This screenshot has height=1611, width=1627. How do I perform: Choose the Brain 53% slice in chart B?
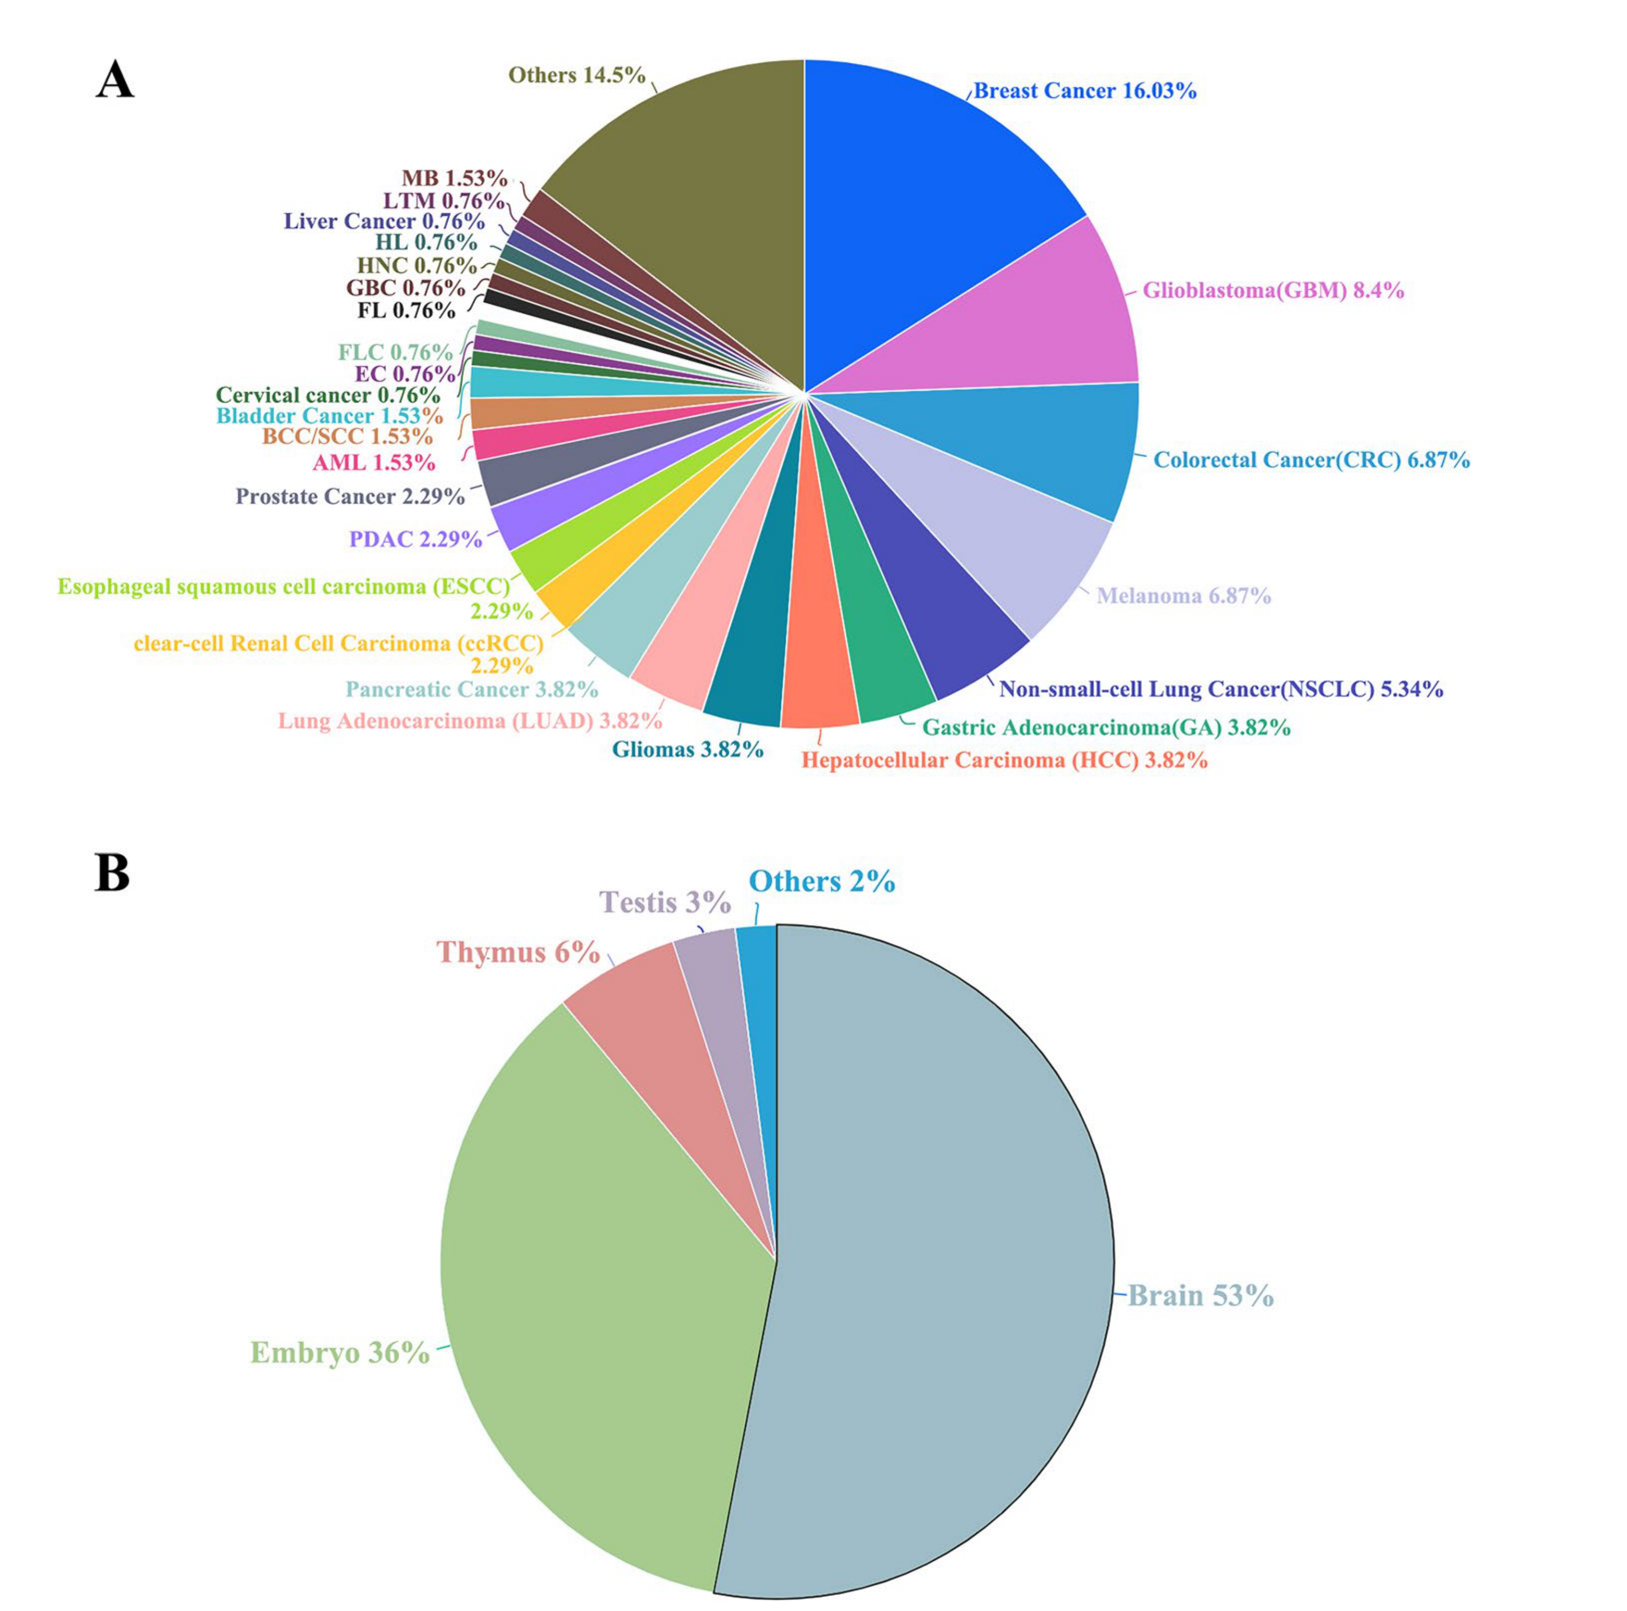[943, 1263]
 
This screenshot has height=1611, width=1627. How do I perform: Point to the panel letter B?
[112, 872]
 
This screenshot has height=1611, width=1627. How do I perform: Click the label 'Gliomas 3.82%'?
[687, 749]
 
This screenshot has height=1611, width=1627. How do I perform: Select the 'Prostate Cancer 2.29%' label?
[350, 496]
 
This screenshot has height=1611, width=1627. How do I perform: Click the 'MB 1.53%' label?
[454, 178]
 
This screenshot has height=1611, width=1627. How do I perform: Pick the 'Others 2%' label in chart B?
[821, 882]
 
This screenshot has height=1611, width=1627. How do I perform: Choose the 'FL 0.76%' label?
[406, 310]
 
